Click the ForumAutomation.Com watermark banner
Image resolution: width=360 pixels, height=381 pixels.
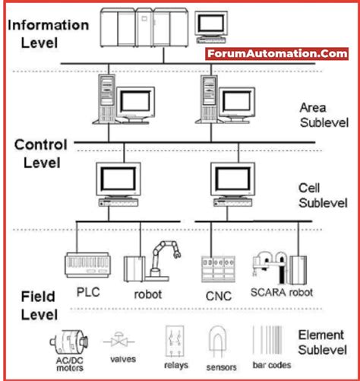coord(276,54)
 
